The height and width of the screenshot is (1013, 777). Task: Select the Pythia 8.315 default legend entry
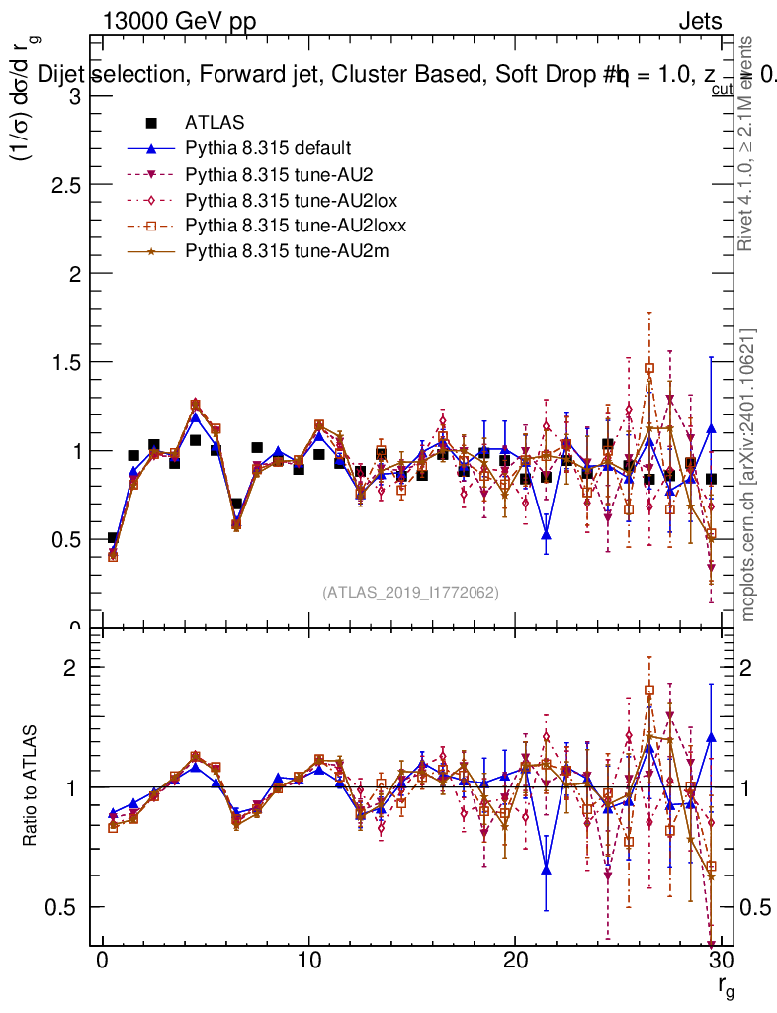pos(268,148)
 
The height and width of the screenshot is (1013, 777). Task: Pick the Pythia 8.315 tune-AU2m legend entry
pos(287,251)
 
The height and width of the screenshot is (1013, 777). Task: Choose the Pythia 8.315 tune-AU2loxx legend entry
pos(296,226)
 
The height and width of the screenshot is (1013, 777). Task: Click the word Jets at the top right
pos(700,21)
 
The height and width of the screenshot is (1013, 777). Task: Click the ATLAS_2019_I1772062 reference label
pos(410,592)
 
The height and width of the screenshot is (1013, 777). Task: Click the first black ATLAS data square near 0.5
pos(113,538)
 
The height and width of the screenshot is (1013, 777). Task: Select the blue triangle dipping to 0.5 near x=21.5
pos(546,535)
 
